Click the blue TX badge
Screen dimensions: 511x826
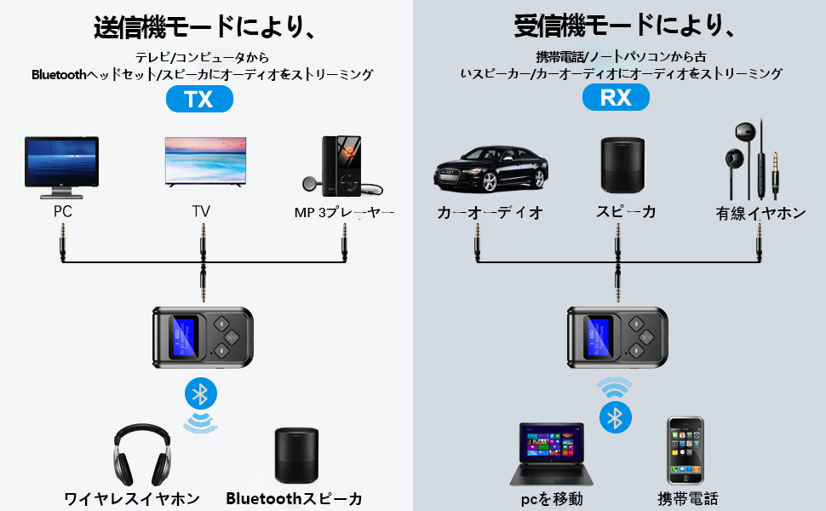200,99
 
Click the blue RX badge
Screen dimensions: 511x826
616,98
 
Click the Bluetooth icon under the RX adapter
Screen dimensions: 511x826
615,417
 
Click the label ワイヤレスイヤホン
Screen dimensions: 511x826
132,498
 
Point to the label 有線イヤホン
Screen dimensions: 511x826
760,214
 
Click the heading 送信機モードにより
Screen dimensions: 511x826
204,27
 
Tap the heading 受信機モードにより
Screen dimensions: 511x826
624,27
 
